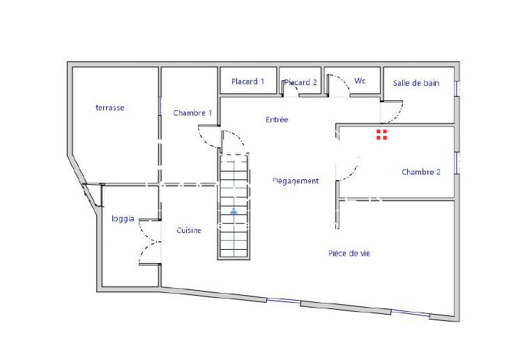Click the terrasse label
pyautogui.click(x=110, y=107)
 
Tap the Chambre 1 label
pyautogui.click(x=192, y=113)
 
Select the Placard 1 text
pyautogui.click(x=248, y=82)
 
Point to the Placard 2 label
pyautogui.click(x=301, y=82)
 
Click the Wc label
pyautogui.click(x=360, y=81)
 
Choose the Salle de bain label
pyautogui.click(x=416, y=83)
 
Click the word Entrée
pyautogui.click(x=277, y=120)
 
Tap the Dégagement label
pyautogui.click(x=296, y=181)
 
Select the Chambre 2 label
pyautogui.click(x=420, y=172)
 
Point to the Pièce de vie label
pyautogui.click(x=349, y=253)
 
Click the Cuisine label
pyautogui.click(x=189, y=230)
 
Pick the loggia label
pyautogui.click(x=122, y=218)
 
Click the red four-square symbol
pyautogui.click(x=381, y=135)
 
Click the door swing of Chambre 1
pyautogui.click(x=208, y=137)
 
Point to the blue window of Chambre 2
pyautogui.click(x=457, y=163)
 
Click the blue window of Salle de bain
pyautogui.click(x=457, y=89)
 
